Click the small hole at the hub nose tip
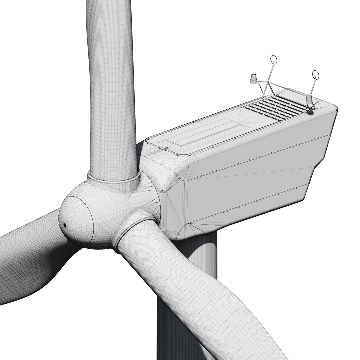coord(65,225)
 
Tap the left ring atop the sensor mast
coord(274,60)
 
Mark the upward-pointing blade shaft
coord(112,83)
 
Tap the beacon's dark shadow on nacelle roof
coord(311,113)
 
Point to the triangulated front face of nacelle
coord(173,207)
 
